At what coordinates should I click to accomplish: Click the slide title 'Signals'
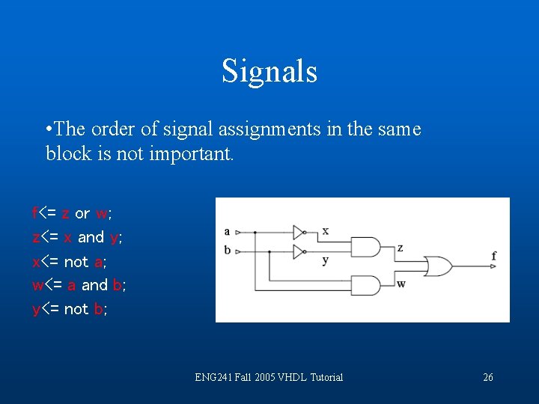click(x=269, y=72)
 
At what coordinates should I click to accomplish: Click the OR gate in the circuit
click(x=437, y=266)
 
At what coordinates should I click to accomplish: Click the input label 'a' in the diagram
click(x=227, y=231)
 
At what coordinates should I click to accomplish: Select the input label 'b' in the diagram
click(x=227, y=250)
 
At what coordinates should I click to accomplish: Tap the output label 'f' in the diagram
click(x=494, y=257)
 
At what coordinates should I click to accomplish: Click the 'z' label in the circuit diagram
click(x=401, y=248)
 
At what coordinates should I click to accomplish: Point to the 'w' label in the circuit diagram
click(x=401, y=284)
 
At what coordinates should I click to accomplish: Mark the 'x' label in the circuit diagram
click(x=325, y=230)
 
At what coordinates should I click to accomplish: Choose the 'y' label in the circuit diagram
click(x=325, y=260)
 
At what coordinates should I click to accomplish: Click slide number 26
click(x=488, y=377)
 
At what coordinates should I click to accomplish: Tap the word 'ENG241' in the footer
click(x=213, y=377)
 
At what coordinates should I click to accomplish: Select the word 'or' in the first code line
click(x=82, y=214)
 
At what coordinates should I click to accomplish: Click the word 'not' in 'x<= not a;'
click(x=76, y=262)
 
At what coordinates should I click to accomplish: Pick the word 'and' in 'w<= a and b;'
click(x=94, y=285)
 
